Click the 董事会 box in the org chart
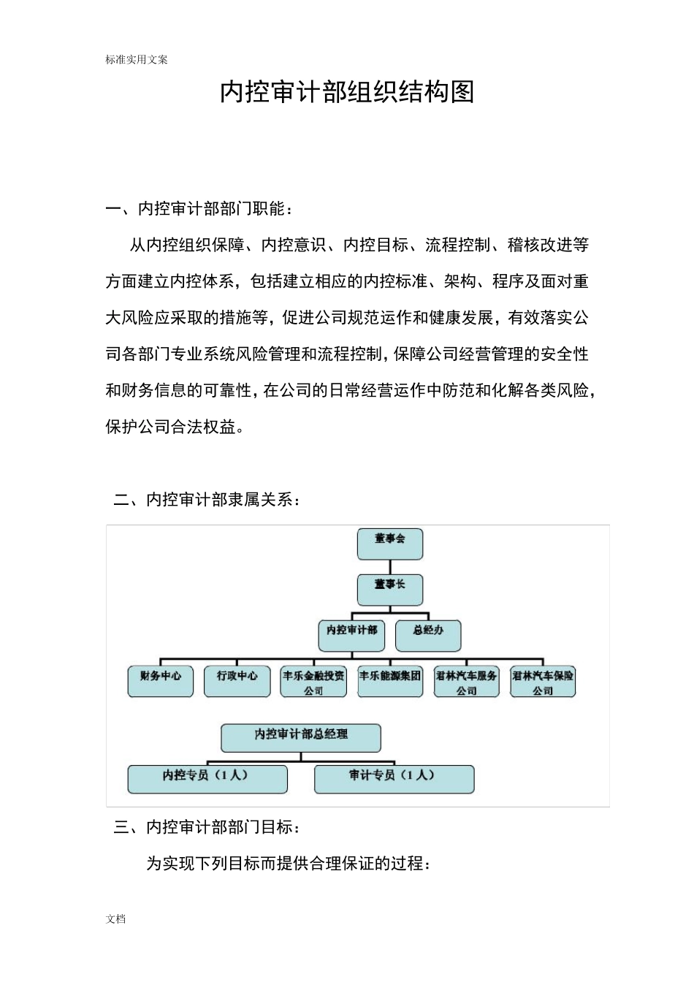click(x=389, y=544)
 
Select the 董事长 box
click(x=389, y=590)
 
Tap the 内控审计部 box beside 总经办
click(x=351, y=635)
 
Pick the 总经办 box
click(x=428, y=635)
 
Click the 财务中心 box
click(x=161, y=681)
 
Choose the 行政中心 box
click(x=237, y=681)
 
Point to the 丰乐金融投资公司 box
click(x=313, y=681)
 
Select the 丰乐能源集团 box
click(x=390, y=681)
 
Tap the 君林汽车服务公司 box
click(x=466, y=681)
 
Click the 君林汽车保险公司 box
click(x=543, y=681)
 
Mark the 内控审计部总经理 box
click(x=301, y=737)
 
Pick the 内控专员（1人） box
click(x=207, y=779)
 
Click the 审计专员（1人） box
click(x=394, y=779)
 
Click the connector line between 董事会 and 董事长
click(x=390, y=567)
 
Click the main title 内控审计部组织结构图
click(x=347, y=92)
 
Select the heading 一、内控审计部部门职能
click(x=199, y=209)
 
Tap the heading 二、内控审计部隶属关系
click(x=207, y=500)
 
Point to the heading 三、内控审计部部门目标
click(x=207, y=827)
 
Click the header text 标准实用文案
click(x=137, y=60)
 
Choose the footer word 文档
click(x=115, y=919)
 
